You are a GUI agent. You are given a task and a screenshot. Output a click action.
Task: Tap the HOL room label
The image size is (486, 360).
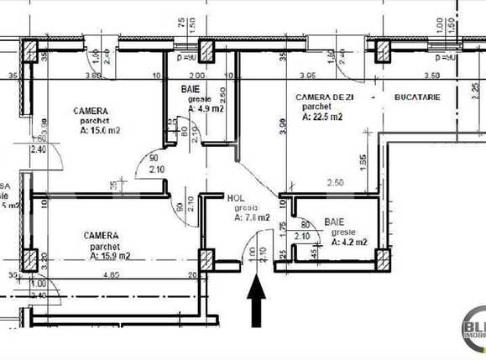click(237, 198)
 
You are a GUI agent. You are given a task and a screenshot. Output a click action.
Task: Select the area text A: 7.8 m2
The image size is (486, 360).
click(252, 217)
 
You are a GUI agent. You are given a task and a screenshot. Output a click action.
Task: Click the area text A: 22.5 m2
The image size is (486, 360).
click(321, 117)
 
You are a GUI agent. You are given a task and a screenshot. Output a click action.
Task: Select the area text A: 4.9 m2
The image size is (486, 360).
click(205, 107)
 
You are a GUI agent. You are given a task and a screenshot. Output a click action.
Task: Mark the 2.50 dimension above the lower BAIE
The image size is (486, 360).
click(336, 183)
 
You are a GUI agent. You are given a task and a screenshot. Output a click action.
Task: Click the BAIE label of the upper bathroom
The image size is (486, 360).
click(191, 88)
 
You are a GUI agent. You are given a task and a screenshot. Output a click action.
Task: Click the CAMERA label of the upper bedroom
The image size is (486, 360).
click(89, 111)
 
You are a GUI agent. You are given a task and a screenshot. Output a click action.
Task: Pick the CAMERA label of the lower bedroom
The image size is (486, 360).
click(100, 237)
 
